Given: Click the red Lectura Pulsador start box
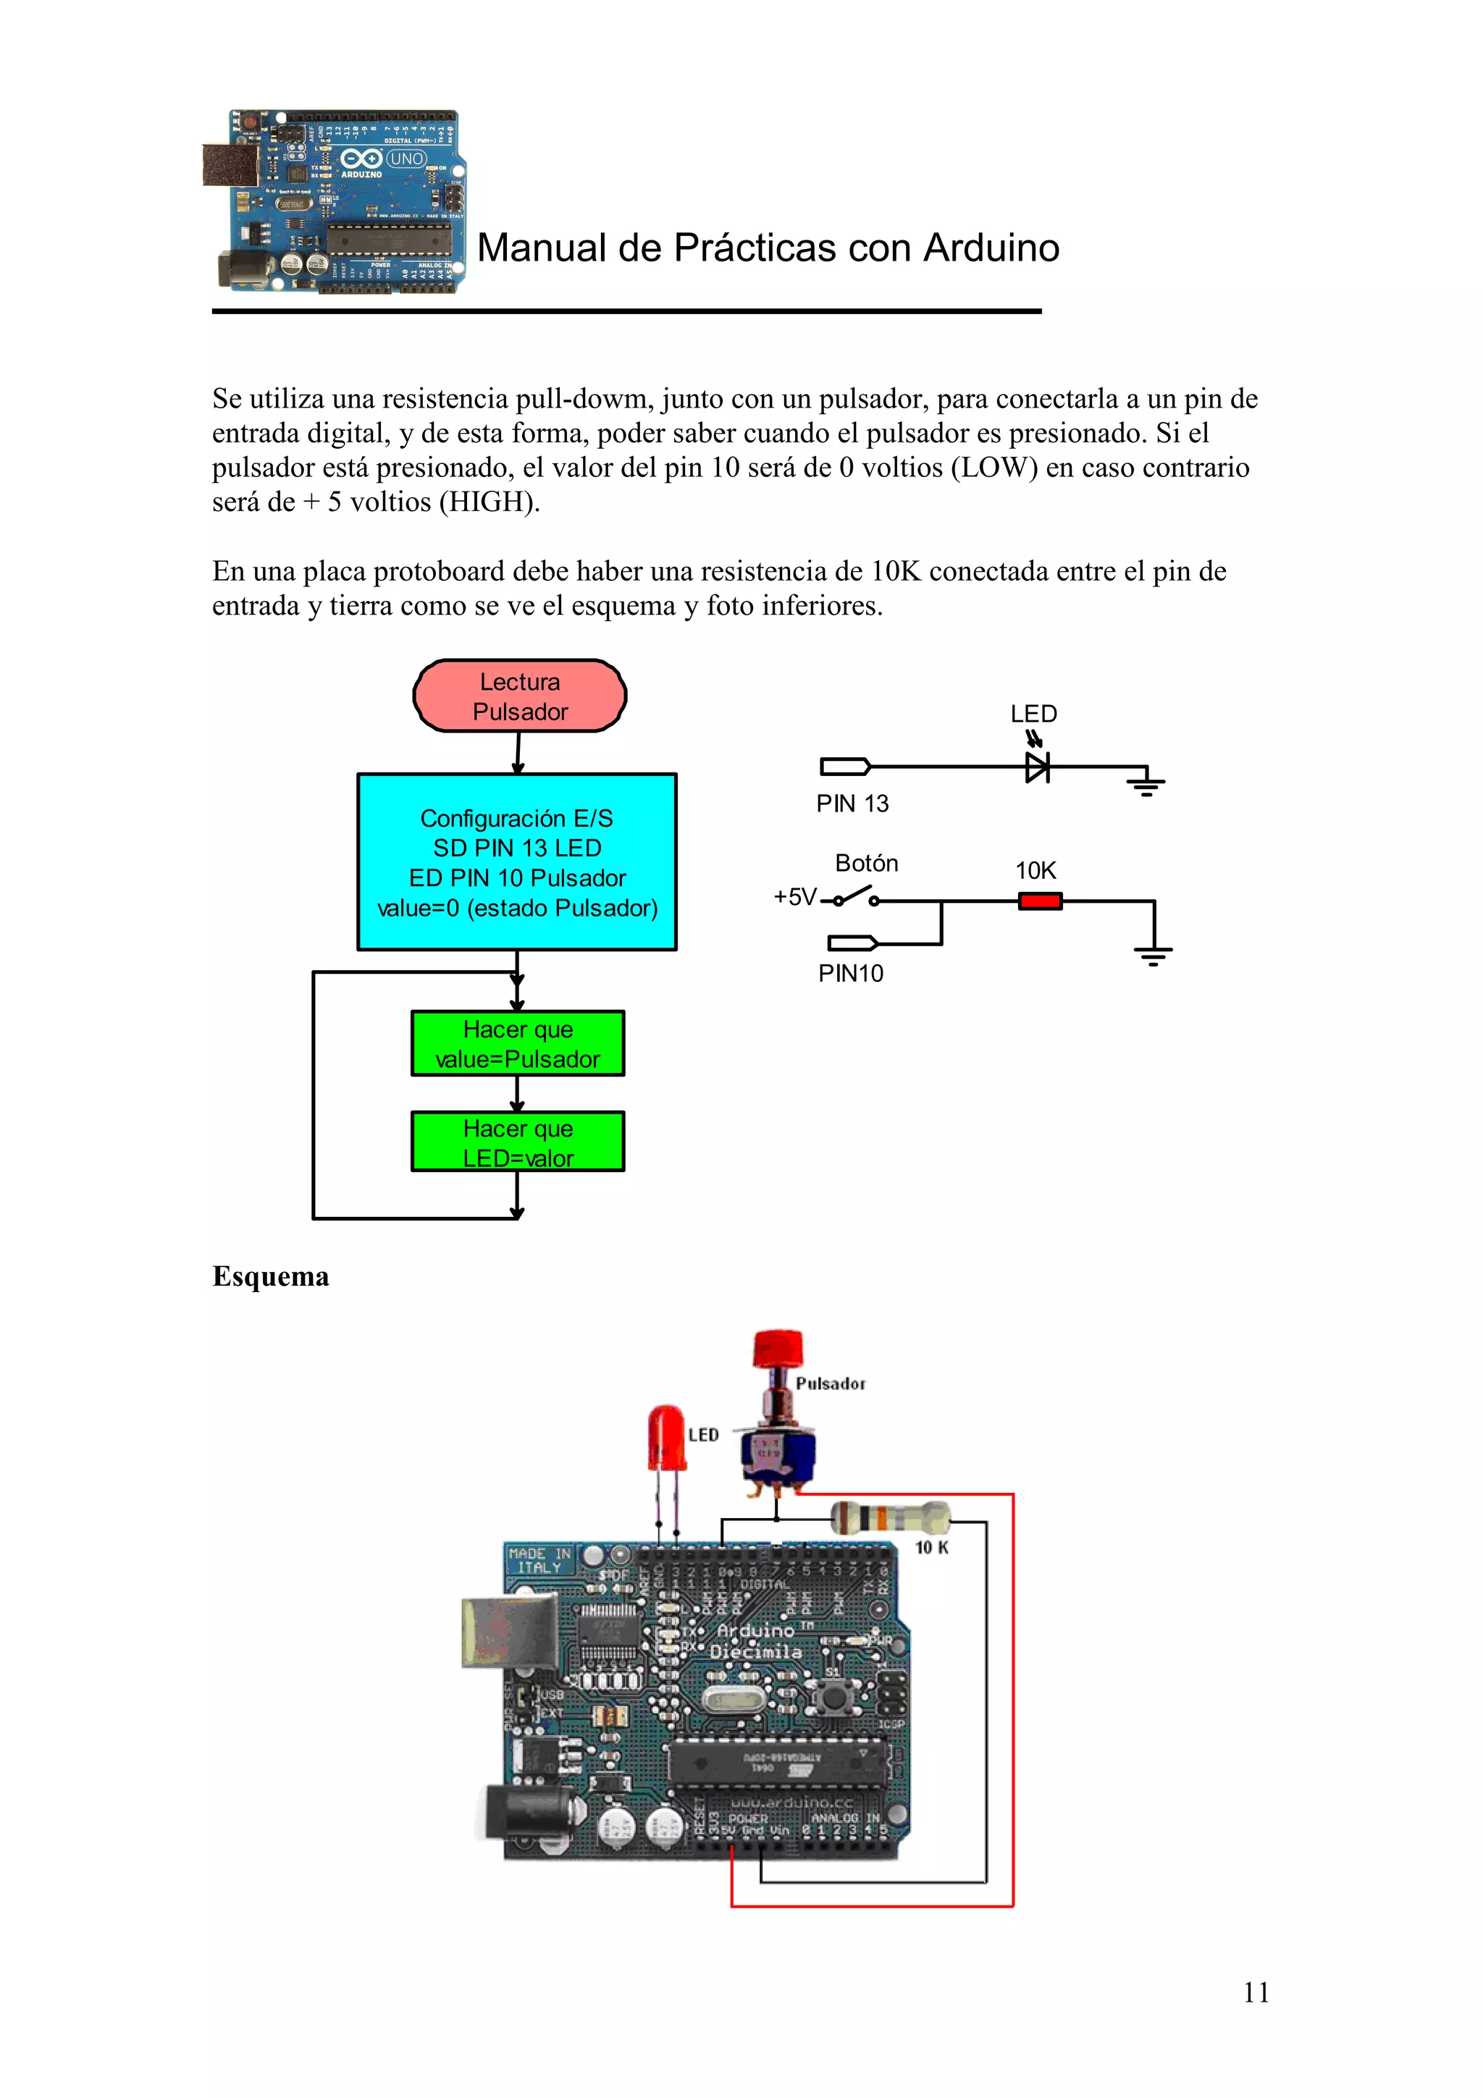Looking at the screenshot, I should [x=519, y=696].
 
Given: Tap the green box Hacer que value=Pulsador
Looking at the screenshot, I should [x=517, y=1042].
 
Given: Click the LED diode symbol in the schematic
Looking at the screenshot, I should [x=1037, y=767].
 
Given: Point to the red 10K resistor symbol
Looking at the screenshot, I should [x=1040, y=901].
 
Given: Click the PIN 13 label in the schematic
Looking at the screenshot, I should [x=852, y=803].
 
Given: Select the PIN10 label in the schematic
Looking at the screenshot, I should [x=850, y=973].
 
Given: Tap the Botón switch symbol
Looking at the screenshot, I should [x=855, y=896].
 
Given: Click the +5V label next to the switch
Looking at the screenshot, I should [x=794, y=896].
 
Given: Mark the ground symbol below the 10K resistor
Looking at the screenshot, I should [x=1153, y=955].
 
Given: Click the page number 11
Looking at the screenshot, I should [x=1256, y=1992].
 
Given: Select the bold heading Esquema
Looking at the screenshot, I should [x=271, y=1276].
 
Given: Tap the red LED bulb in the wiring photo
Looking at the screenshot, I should [x=666, y=1437].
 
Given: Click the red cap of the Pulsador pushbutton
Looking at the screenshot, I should [x=778, y=1348].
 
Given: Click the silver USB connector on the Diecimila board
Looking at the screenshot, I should [x=508, y=1630].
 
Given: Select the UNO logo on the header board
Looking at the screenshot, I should [x=406, y=159].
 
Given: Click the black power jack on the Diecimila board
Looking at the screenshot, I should [x=527, y=1816].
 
